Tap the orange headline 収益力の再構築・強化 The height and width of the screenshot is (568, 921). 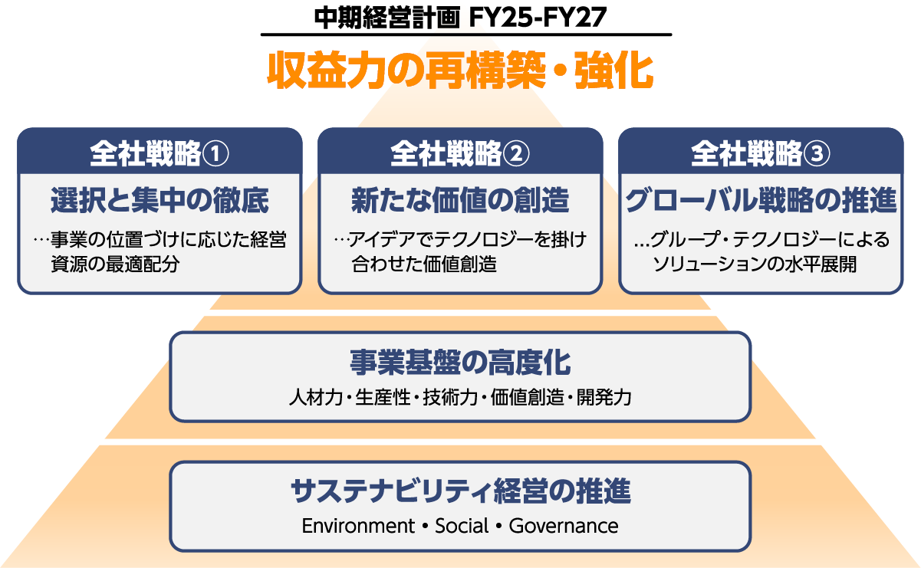coord(460,72)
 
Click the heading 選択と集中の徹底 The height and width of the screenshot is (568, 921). coord(160,201)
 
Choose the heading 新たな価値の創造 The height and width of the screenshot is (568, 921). coord(460,201)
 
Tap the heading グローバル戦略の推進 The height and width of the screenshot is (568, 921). coord(761,201)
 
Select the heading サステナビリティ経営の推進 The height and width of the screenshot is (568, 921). coord(460,491)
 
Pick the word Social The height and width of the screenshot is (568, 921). coord(462,527)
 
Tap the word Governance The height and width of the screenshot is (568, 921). coord(564,527)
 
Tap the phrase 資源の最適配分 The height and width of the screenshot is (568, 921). coord(114,265)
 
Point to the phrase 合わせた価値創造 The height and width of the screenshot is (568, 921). coord(424,265)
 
